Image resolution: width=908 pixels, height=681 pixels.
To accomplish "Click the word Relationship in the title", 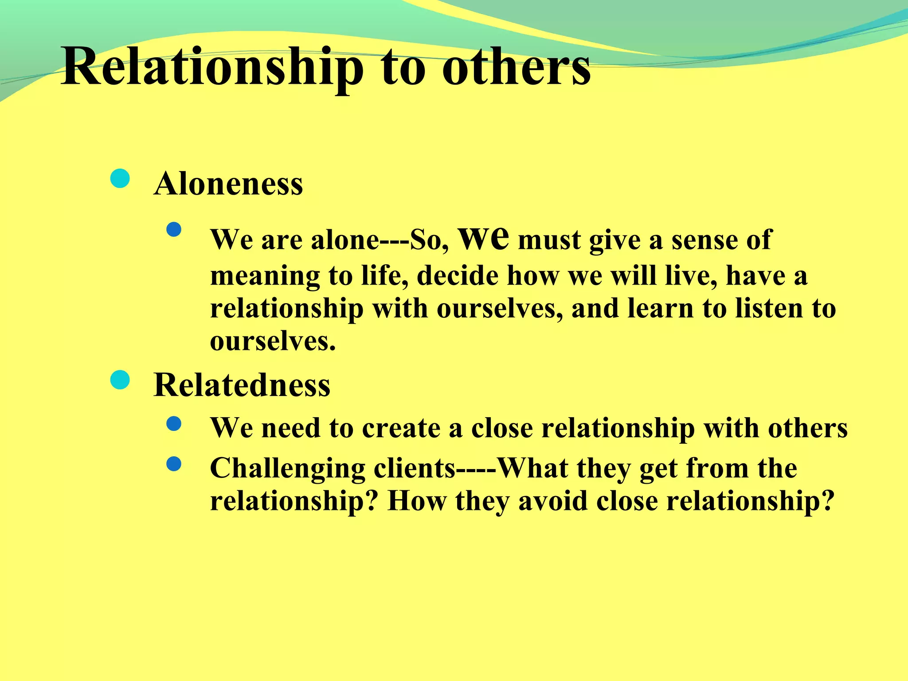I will tap(212, 67).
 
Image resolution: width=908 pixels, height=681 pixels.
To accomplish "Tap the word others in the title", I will tap(516, 67).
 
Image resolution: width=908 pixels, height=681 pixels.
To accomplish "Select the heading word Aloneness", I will tap(228, 184).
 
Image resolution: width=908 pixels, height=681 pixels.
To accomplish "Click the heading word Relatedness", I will tap(242, 384).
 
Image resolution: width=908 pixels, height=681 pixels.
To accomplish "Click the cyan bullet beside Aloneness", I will tap(120, 179).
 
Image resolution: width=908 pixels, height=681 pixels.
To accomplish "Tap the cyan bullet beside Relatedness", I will tap(120, 380).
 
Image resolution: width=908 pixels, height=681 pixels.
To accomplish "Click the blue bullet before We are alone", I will tap(174, 230).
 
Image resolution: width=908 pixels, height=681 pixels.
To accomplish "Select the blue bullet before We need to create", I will tap(174, 424).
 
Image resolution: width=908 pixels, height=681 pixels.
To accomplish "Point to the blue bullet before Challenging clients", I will tap(174, 464).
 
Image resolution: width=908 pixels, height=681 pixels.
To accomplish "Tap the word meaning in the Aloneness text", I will tap(265, 276).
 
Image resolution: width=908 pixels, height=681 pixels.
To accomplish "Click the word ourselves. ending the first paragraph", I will tap(273, 341).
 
